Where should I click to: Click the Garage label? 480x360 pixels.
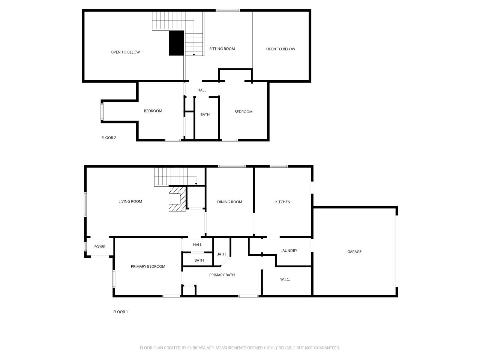354,252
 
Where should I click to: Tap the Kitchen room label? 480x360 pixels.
283,202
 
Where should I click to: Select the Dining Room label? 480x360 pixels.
229,202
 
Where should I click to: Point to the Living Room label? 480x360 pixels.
130,201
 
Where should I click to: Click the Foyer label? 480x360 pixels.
100,246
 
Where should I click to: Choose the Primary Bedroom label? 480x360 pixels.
148,266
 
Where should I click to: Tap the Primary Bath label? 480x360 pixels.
222,275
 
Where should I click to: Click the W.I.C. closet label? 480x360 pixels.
285,279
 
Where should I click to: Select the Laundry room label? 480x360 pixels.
289,250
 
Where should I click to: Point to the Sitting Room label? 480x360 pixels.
222,49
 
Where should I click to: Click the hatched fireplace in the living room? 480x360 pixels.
177,199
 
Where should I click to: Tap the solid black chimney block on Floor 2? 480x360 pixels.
176,43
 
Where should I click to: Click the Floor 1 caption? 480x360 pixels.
120,312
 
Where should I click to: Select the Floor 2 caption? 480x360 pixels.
109,138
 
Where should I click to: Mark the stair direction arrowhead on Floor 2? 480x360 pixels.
194,55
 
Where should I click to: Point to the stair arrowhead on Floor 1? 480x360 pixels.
196,184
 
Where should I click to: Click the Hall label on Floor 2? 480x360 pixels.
202,90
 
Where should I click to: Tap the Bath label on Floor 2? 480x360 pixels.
205,114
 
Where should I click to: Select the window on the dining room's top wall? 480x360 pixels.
232,166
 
